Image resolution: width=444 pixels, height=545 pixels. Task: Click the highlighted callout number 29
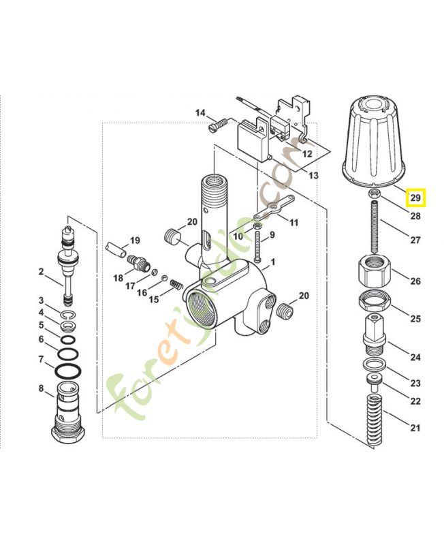[415, 198]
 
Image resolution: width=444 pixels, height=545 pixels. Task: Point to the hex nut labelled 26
[374, 273]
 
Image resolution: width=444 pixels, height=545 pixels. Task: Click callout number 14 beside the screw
[200, 112]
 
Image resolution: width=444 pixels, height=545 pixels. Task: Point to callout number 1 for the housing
[272, 262]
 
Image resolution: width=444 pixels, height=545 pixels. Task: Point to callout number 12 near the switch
[307, 154]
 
